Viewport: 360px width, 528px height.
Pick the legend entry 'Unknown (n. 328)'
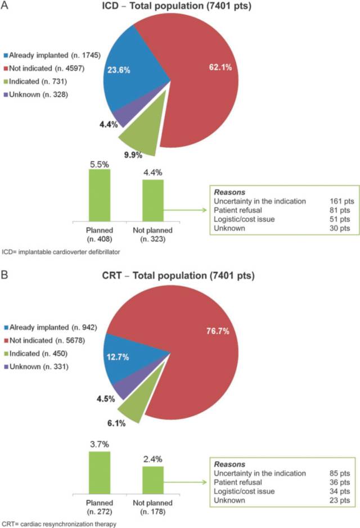38,94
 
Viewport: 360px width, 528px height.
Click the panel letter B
5,276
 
